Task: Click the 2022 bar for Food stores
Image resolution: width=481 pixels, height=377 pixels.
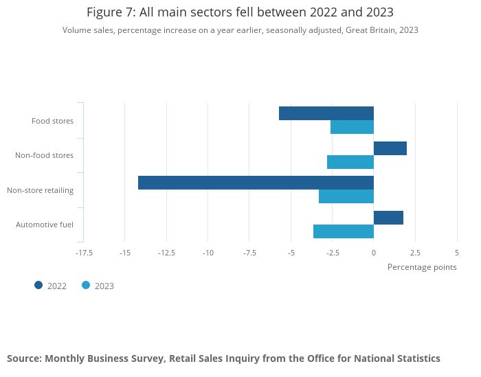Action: click(326, 113)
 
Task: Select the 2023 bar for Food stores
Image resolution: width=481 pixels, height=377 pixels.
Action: click(352, 127)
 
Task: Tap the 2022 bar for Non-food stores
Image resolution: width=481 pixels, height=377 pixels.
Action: click(390, 148)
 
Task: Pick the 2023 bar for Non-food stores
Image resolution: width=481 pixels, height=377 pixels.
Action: click(350, 162)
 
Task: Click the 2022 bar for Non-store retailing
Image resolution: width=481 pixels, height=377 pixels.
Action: click(256, 183)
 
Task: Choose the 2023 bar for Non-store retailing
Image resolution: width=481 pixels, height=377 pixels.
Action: click(346, 196)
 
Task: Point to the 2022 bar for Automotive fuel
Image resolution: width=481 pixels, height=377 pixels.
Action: click(388, 218)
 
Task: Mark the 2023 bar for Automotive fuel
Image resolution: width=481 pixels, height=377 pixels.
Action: click(344, 231)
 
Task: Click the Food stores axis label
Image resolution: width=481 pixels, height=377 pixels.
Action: click(52, 121)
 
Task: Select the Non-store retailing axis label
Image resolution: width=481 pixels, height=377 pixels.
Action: click(40, 190)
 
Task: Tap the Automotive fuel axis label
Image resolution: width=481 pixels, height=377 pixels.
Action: click(45, 225)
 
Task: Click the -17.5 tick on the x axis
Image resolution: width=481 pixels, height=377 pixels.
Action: click(84, 253)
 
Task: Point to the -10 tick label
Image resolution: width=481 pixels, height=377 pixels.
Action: click(208, 253)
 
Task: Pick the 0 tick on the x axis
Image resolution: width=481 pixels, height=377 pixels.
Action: click(374, 253)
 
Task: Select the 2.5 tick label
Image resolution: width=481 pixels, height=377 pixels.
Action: click(415, 253)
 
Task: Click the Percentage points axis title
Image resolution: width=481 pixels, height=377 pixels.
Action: click(422, 267)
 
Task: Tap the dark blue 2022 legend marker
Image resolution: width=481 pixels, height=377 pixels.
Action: click(38, 286)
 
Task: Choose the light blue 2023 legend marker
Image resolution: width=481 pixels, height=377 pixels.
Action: click(86, 286)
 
